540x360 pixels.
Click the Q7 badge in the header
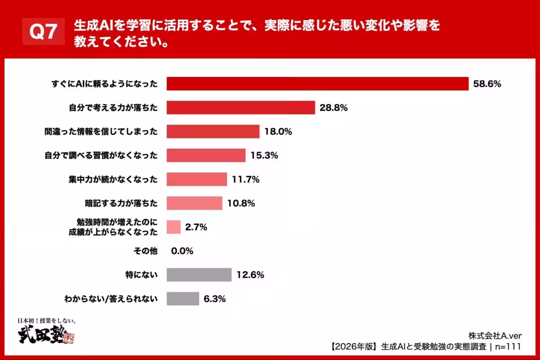pyautogui.click(x=43, y=32)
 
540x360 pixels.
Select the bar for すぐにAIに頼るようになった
pyautogui.click(x=318, y=84)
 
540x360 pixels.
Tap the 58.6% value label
pyautogui.click(x=487, y=84)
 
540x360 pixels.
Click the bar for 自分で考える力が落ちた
pyautogui.click(x=241, y=108)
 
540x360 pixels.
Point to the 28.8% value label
pyautogui.click(x=333, y=108)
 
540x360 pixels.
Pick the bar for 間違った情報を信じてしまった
pyautogui.click(x=213, y=131)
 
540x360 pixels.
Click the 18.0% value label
pyautogui.click(x=278, y=131)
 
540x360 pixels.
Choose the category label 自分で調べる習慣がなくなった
pyautogui.click(x=101, y=155)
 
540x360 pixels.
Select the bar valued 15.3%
pyautogui.click(x=206, y=155)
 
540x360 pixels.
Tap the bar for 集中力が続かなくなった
pyautogui.click(x=197, y=179)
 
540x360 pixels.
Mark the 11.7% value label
pyautogui.click(x=245, y=179)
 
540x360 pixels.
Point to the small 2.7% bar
pyautogui.click(x=174, y=227)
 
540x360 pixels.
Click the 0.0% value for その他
pyautogui.click(x=182, y=251)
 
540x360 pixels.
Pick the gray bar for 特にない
pyautogui.click(x=199, y=274)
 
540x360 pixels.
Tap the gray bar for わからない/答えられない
pyautogui.click(x=183, y=298)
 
